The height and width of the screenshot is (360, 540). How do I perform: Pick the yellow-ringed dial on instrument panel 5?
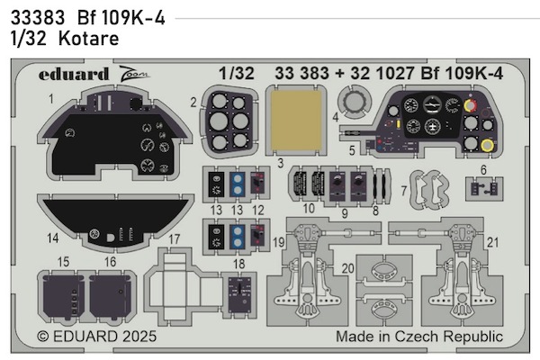click(x=487, y=146)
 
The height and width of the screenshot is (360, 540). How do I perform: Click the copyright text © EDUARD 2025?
click(x=99, y=337)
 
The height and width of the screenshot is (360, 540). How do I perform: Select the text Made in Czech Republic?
click(x=418, y=337)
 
